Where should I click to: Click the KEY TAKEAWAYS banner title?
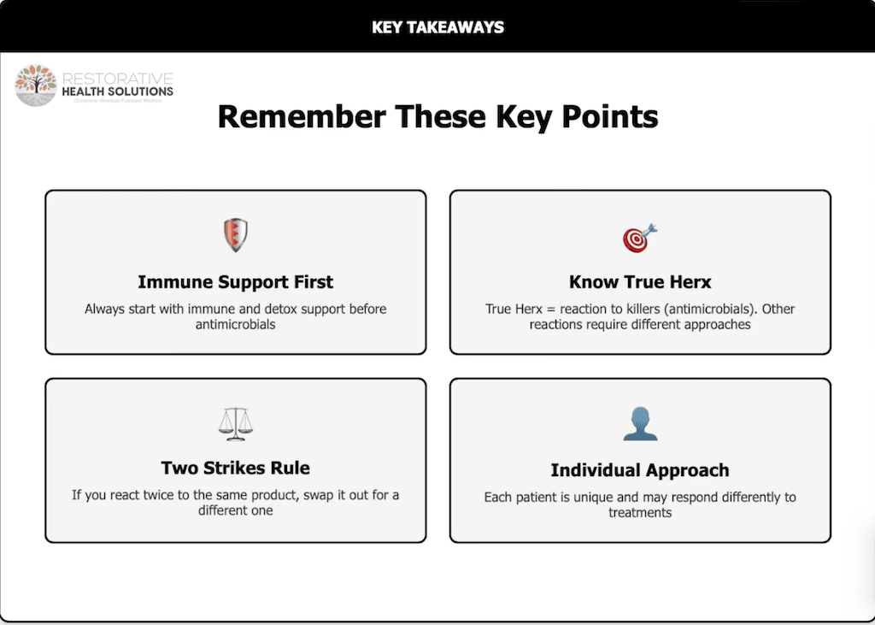[x=437, y=27]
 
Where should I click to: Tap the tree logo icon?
[x=36, y=85]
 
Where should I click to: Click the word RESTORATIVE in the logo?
[x=117, y=79]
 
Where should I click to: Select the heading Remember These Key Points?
[x=437, y=116]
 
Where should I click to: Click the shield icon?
[x=235, y=235]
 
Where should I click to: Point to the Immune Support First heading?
[x=235, y=282]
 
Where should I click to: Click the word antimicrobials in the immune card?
[x=235, y=325]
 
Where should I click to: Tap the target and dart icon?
[x=639, y=237]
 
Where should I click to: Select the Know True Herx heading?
[x=640, y=282]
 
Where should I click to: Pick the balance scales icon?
[x=236, y=422]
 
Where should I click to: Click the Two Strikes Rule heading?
[x=235, y=468]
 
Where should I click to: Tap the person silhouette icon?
[x=640, y=424]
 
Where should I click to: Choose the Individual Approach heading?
[x=640, y=470]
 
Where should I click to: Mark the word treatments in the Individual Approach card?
[x=640, y=513]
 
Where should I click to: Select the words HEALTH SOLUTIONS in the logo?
[x=117, y=91]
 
